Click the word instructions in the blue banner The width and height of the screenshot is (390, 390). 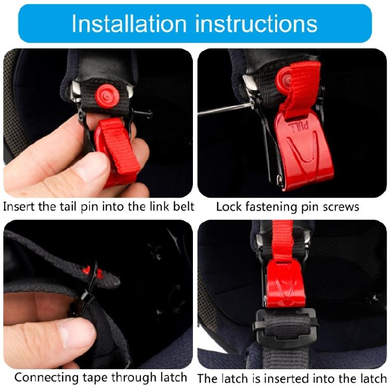(253, 24)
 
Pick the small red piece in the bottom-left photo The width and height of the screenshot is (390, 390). (92, 271)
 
